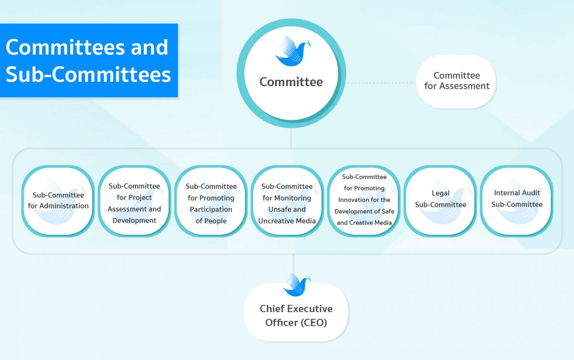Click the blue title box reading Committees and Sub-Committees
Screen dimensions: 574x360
click(89, 61)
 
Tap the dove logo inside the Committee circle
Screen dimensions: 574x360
click(293, 51)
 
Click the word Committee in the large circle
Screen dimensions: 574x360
click(291, 82)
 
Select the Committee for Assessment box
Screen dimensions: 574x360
click(457, 82)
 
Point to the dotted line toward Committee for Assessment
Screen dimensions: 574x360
click(381, 83)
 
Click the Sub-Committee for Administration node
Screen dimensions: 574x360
click(58, 201)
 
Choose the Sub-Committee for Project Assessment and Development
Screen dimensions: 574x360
click(134, 201)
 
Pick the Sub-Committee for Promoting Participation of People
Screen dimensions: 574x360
click(211, 201)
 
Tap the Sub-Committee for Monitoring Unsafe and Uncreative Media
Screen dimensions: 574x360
click(287, 201)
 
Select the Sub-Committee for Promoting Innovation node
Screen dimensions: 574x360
click(364, 201)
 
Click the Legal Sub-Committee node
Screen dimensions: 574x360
click(440, 201)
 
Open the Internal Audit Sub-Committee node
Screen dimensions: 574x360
click(517, 201)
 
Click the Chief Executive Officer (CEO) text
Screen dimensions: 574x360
click(296, 316)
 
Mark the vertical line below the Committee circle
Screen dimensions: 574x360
click(291, 138)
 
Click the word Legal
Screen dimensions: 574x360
click(440, 193)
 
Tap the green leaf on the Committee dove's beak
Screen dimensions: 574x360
click(309, 44)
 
